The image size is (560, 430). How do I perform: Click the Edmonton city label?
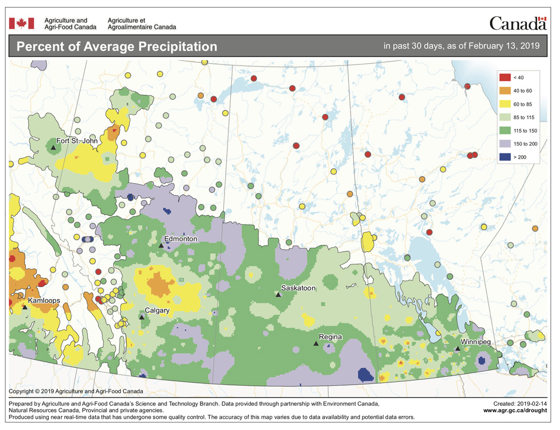point(180,239)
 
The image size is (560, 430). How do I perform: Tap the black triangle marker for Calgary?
point(142,317)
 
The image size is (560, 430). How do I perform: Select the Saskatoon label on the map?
point(298,288)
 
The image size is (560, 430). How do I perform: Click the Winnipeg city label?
point(475,342)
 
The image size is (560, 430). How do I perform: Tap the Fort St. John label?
point(77,141)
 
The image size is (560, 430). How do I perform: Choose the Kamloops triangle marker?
point(25,307)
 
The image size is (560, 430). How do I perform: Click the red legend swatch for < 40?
point(504,77)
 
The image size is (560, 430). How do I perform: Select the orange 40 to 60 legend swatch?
point(504,90)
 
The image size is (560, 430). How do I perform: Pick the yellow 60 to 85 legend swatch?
point(504,104)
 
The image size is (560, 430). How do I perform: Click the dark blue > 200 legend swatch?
point(504,157)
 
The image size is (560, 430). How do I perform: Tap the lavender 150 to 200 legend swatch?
point(504,144)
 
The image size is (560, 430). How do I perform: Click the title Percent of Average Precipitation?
point(116,46)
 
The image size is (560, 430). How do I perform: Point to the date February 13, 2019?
point(506,46)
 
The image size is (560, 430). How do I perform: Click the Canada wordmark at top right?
point(517,23)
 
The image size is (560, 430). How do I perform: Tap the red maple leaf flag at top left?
point(22,23)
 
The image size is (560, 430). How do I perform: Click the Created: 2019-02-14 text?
point(519,403)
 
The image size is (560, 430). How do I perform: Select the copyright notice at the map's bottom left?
point(76,391)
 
